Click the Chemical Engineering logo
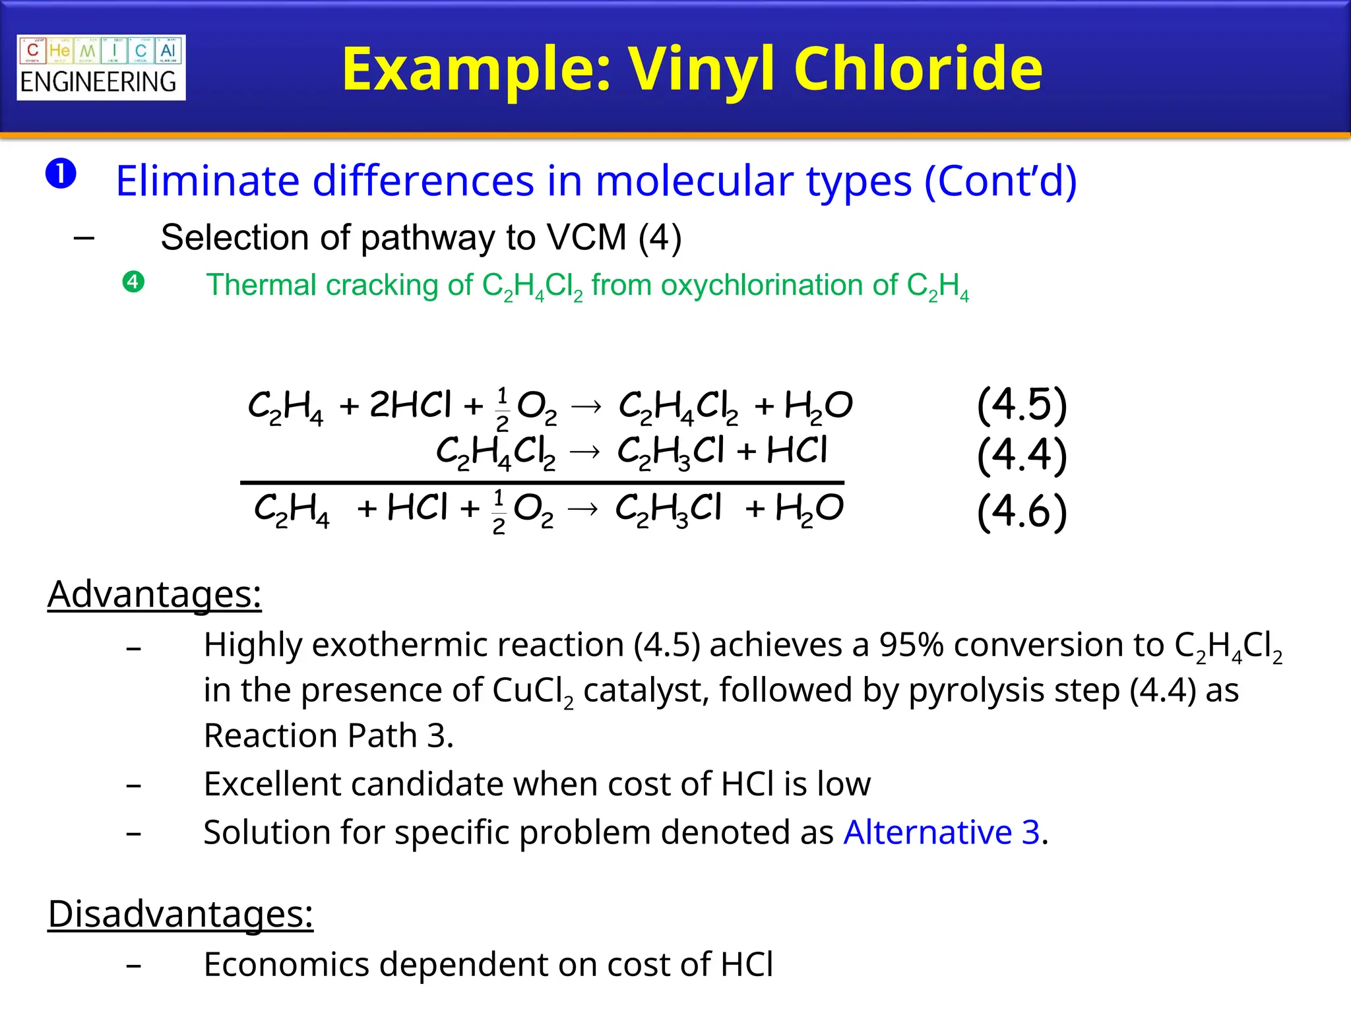point(101,67)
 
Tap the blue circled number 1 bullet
point(61,174)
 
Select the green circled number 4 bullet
point(133,282)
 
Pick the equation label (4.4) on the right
point(1021,454)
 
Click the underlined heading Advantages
point(154,594)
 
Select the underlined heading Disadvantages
point(180,914)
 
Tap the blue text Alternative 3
point(941,832)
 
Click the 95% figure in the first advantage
point(910,644)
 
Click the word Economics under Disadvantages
point(286,964)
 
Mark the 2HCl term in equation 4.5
point(410,404)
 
